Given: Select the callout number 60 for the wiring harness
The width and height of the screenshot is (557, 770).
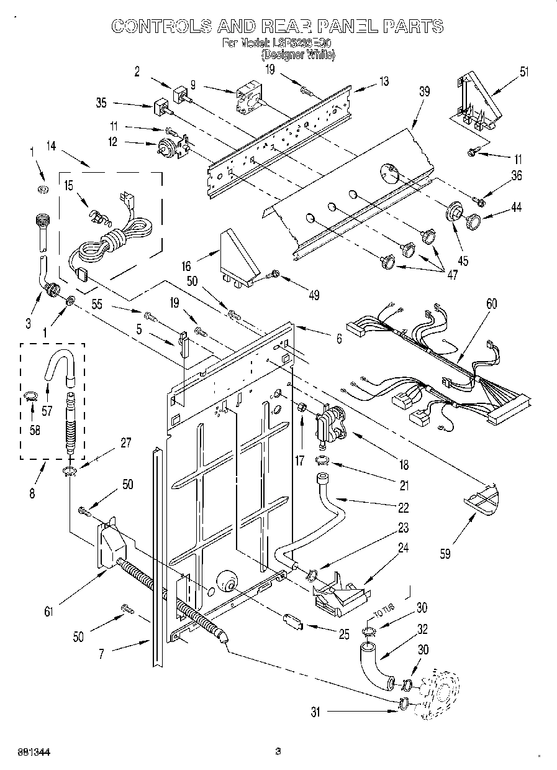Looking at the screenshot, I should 491,304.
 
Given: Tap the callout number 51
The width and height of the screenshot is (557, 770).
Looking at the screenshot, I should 524,71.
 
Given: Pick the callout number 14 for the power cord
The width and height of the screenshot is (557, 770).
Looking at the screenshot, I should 51,147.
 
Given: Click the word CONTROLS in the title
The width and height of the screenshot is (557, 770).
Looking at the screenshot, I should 161,25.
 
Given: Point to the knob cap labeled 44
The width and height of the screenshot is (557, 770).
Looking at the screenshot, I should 474,221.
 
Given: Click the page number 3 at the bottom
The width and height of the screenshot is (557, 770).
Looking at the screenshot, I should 278,751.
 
